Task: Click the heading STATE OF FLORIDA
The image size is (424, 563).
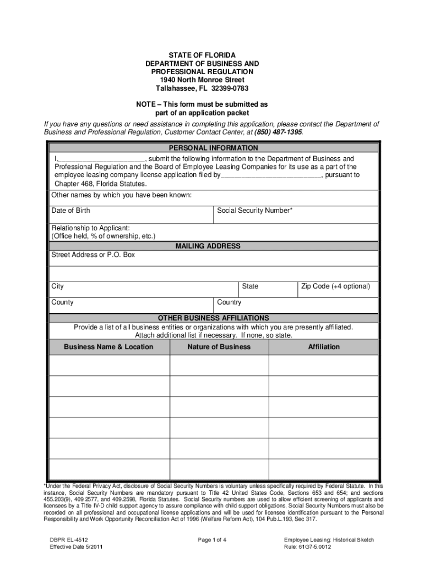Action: pyautogui.click(x=202, y=56)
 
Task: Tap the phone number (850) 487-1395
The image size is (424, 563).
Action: pyautogui.click(x=278, y=133)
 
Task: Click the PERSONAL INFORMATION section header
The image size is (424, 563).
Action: pyautogui.click(x=213, y=148)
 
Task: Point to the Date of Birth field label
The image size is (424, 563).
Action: pyautogui.click(x=71, y=211)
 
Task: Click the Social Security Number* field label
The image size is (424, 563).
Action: pyautogui.click(x=255, y=211)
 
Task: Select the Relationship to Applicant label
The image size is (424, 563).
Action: pyautogui.click(x=90, y=228)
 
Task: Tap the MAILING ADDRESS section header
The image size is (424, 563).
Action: pyautogui.click(x=208, y=246)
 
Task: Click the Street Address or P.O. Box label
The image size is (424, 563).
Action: pyautogui.click(x=93, y=255)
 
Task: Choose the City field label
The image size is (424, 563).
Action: pyautogui.click(x=58, y=286)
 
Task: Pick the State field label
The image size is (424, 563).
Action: pyautogui.click(x=250, y=286)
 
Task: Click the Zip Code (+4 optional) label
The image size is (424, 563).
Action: pyautogui.click(x=335, y=286)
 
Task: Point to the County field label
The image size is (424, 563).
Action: pyautogui.click(x=63, y=302)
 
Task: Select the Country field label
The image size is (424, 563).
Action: pyautogui.click(x=229, y=302)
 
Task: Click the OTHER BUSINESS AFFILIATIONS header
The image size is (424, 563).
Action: pyautogui.click(x=214, y=318)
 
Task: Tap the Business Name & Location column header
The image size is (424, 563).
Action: pyautogui.click(x=108, y=347)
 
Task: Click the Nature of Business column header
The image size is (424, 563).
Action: pyautogui.click(x=219, y=347)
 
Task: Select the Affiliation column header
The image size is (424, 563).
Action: pyautogui.click(x=324, y=347)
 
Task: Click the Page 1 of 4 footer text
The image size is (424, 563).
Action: pyautogui.click(x=212, y=540)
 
